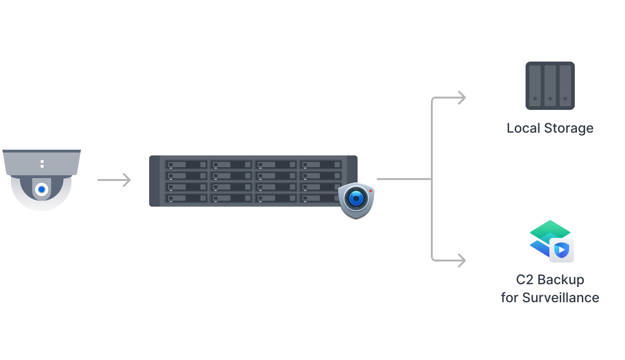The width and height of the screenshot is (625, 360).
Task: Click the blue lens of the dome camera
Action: coord(42,189)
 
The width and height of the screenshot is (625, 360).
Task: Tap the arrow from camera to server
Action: coord(114,180)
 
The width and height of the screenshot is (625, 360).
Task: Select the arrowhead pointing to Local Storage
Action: coord(461,98)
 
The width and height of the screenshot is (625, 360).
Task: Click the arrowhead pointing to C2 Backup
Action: coord(461,260)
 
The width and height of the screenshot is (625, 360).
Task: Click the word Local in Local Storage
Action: coord(523,128)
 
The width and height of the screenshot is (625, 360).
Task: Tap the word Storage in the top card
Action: coord(568,128)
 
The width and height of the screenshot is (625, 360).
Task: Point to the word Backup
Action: coord(563,280)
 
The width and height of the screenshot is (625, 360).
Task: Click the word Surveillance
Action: coord(561,298)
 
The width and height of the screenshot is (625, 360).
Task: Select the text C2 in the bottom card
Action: coord(525,280)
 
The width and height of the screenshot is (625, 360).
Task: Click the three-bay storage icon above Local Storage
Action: coord(550,86)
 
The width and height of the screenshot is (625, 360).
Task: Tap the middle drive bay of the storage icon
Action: coord(550,86)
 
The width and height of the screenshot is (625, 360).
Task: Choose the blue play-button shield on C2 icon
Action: coord(562,250)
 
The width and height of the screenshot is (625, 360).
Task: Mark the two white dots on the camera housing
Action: coord(42,164)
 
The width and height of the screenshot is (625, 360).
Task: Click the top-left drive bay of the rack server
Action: coord(187,165)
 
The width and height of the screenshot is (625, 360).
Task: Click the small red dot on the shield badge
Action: coord(370,190)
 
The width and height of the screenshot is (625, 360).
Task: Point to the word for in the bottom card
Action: coord(509,298)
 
